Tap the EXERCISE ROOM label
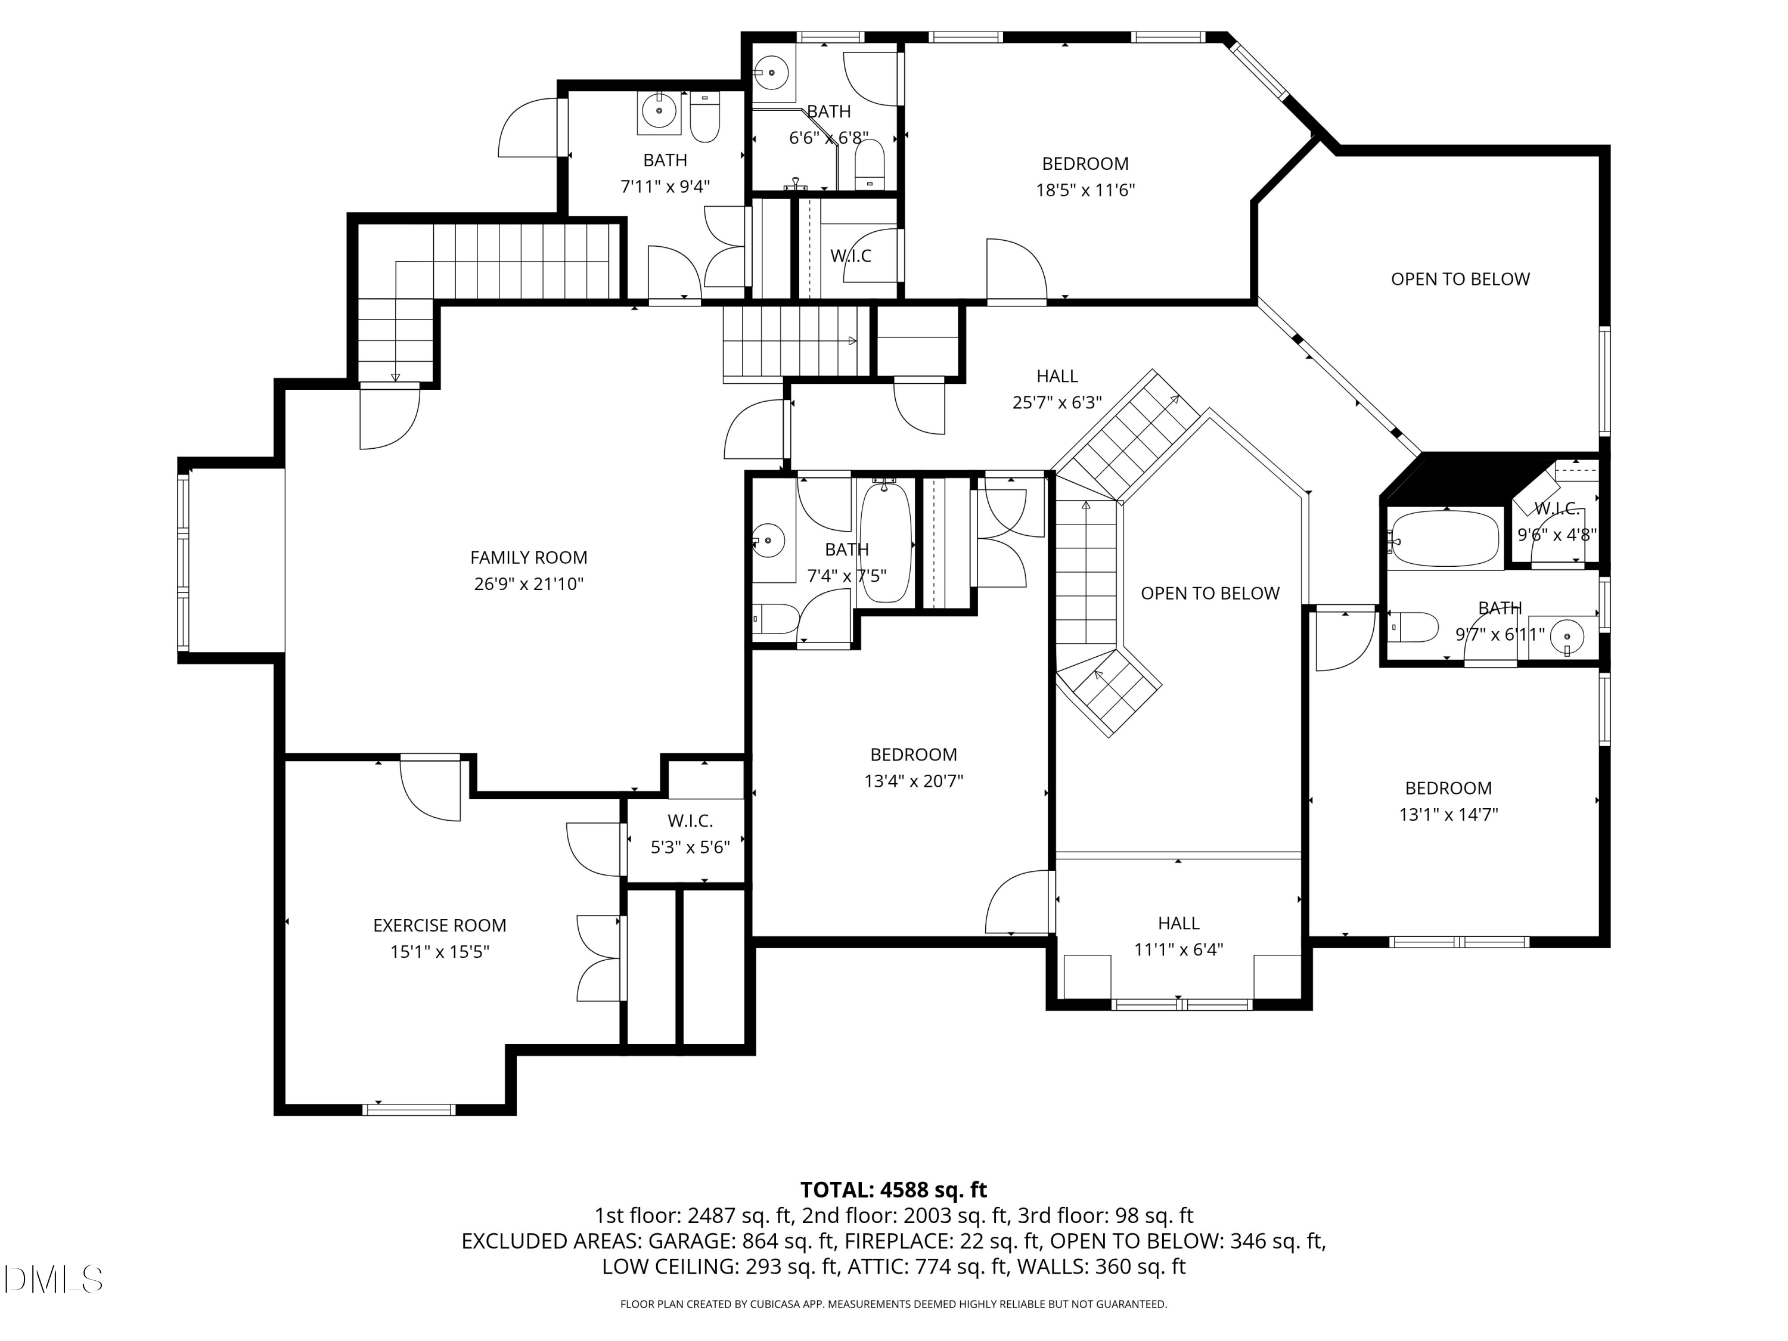(x=440, y=926)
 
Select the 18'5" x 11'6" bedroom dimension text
(x=1085, y=191)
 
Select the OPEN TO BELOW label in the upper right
(x=1460, y=280)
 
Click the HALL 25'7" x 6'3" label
(x=1057, y=389)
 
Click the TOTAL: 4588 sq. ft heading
(x=893, y=1190)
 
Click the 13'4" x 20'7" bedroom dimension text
(x=914, y=781)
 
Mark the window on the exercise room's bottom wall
(x=409, y=1110)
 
